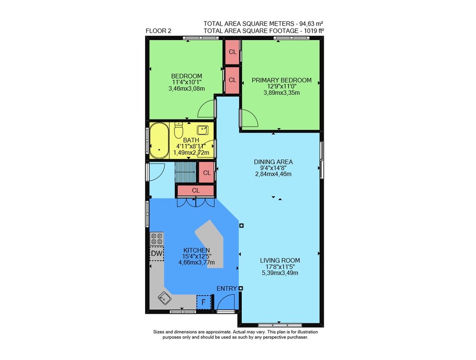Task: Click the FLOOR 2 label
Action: pos(158,30)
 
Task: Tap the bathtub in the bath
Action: pos(159,140)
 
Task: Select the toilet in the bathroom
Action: pos(178,130)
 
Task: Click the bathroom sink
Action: pos(202,130)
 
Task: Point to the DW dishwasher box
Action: pos(157,253)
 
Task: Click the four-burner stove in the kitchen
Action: pos(157,239)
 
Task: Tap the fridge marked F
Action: pos(204,302)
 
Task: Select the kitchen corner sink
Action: pos(165,298)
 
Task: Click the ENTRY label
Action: pos(227,289)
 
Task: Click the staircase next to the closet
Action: pos(186,172)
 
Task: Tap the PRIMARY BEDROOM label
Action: pos(281,80)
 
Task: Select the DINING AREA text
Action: pos(273,162)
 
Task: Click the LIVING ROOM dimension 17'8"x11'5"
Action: pos(280,267)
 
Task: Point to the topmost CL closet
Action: pos(232,52)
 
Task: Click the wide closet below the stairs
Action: pos(196,190)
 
